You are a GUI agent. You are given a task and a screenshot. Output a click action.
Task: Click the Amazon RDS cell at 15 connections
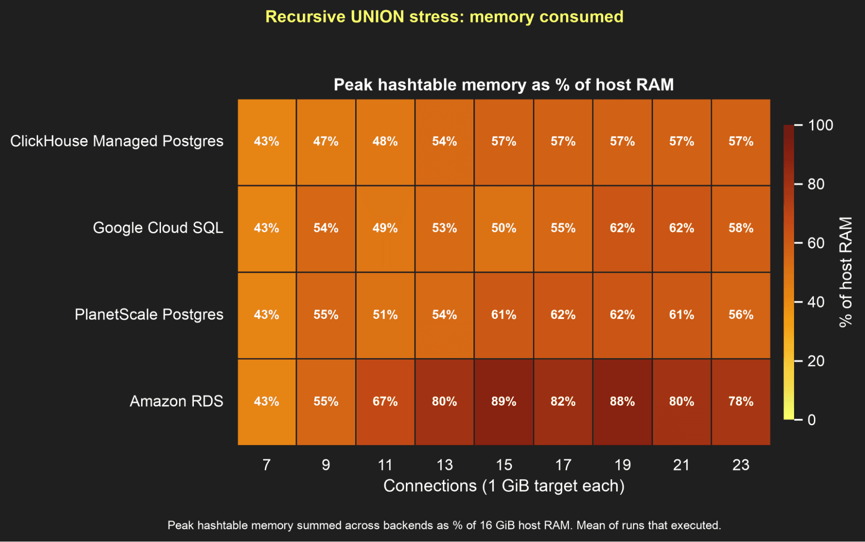point(504,402)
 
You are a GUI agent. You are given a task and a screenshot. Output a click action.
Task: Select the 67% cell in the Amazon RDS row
point(385,402)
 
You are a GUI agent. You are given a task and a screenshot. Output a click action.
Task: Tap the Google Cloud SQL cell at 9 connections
point(326,229)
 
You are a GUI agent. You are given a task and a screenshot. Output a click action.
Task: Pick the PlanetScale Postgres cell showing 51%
point(385,315)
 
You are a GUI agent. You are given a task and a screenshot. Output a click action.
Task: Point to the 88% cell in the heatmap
point(622,402)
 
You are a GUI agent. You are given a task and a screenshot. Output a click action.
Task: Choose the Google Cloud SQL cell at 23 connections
point(741,229)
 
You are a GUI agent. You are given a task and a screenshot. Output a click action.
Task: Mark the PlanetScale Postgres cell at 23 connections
point(741,315)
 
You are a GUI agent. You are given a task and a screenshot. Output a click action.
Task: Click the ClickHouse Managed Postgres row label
point(117,141)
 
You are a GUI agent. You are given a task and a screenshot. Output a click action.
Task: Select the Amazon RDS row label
point(177,401)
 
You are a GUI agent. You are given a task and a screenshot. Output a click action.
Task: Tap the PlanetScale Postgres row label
point(149,315)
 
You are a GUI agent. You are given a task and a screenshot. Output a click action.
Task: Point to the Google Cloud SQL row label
point(158,228)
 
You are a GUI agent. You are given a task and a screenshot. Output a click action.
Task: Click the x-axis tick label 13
point(444,465)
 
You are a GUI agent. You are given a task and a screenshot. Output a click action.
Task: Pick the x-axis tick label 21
point(681,465)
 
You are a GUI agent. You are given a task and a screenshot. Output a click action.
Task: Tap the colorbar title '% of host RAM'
point(846,272)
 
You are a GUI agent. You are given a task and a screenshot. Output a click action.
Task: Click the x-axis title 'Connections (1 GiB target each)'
point(504,486)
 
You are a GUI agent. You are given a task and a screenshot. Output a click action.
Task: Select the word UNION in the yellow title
point(377,17)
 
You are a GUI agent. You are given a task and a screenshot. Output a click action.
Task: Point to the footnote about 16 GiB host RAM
point(444,526)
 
